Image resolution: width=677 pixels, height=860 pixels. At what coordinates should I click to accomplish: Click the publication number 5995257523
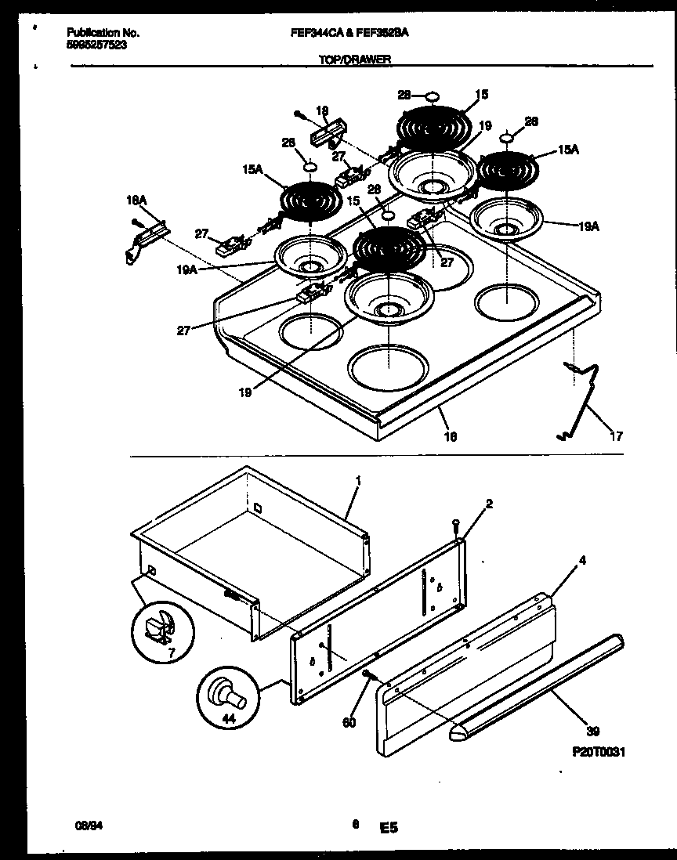[96, 45]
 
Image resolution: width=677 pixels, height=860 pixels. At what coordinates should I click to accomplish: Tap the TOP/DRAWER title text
[355, 59]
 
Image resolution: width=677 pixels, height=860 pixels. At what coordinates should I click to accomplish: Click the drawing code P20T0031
[599, 751]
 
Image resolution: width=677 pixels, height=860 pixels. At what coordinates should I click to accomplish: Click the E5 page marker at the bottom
[389, 826]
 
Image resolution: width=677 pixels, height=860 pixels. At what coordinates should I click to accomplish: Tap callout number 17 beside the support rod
[616, 436]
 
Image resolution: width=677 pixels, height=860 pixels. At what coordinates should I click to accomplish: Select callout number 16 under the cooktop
[451, 435]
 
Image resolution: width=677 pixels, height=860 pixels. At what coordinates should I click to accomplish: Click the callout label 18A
[137, 201]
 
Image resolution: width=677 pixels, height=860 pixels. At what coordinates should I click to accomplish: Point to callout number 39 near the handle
[593, 732]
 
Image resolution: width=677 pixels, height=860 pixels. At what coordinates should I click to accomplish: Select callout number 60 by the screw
[349, 722]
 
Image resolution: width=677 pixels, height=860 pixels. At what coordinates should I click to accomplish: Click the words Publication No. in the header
[103, 34]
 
